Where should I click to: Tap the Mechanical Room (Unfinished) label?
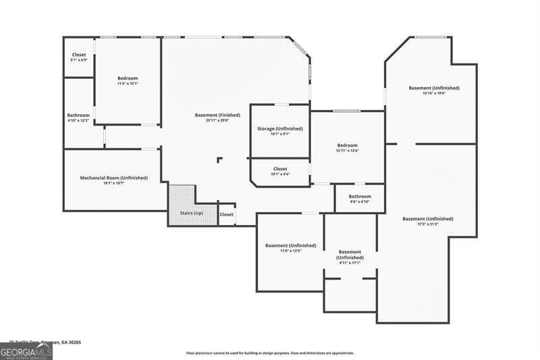[113, 178]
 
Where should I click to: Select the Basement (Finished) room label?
[217, 115]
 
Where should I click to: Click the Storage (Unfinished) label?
[279, 128]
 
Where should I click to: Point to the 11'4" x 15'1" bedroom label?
[128, 78]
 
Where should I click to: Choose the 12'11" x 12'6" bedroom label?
[347, 145]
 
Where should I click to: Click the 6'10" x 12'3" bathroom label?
[78, 115]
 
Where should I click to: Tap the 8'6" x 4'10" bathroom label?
[360, 197]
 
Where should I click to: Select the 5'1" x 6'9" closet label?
[79, 55]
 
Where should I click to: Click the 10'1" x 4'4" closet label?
[279, 169]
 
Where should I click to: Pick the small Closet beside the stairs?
[227, 214]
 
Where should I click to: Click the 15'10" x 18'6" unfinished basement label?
[434, 88]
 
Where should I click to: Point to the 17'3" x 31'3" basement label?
[427, 219]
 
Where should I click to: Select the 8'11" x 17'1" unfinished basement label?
[350, 255]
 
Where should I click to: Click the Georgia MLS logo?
[26, 351]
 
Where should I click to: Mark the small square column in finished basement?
[219, 160]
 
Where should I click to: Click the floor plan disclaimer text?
[270, 353]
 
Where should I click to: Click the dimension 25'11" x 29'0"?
[217, 120]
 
